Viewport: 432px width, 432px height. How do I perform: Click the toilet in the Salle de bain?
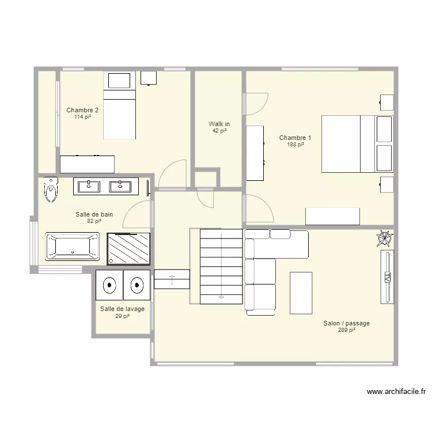click(51, 190)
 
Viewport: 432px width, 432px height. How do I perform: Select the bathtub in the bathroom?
click(73, 247)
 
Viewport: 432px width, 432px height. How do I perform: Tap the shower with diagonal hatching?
click(128, 249)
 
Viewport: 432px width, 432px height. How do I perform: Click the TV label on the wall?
click(387, 277)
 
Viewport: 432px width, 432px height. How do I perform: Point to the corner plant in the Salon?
click(385, 238)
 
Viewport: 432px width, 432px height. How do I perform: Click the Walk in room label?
click(219, 124)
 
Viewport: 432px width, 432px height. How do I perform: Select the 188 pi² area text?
click(295, 145)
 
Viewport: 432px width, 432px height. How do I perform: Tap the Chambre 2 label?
click(82, 110)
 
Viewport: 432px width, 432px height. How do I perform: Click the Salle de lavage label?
click(122, 309)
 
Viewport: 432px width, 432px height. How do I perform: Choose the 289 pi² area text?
click(347, 330)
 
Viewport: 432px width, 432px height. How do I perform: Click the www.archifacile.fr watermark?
click(396, 392)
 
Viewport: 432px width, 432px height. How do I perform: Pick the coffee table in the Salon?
click(301, 293)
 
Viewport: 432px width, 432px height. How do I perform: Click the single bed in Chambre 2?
click(120, 105)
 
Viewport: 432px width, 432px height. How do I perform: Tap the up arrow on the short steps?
click(172, 279)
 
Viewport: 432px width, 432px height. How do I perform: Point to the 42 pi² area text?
click(219, 131)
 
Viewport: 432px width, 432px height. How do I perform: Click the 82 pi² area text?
click(94, 221)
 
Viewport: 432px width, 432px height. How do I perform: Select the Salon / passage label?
click(347, 323)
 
